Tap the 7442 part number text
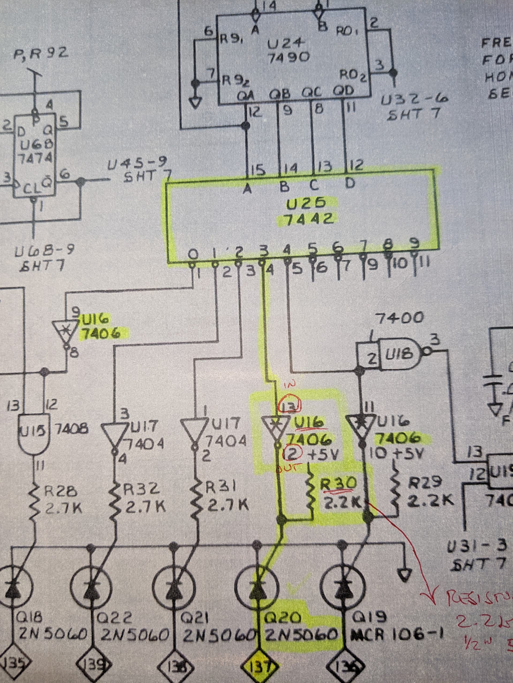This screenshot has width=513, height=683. pyautogui.click(x=306, y=220)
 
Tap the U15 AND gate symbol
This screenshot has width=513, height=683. pyautogui.click(x=31, y=429)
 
